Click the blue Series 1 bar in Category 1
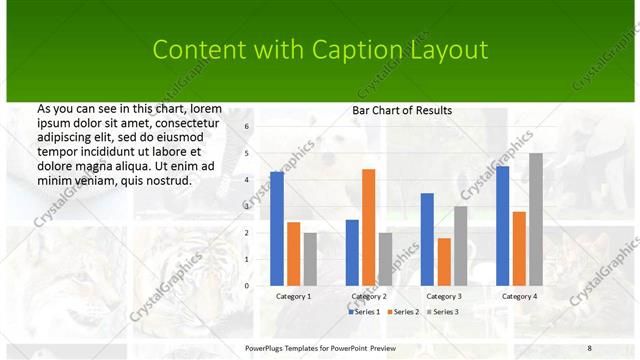[x=277, y=229]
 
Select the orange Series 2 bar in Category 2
[x=368, y=227]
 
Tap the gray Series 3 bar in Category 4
[x=536, y=219]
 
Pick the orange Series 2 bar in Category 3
[x=444, y=262]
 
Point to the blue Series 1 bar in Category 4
[x=502, y=226]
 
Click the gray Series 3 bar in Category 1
[x=310, y=259]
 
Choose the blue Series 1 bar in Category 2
[x=352, y=252]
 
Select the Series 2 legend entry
[x=403, y=312]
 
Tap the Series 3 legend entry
[x=442, y=312]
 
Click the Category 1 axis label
[x=293, y=296]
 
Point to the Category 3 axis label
[x=443, y=296]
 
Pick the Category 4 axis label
[x=518, y=296]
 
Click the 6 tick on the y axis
[x=248, y=127]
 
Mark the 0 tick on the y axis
[x=248, y=285]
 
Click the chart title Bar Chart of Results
[x=402, y=110]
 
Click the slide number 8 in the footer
[x=589, y=347]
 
